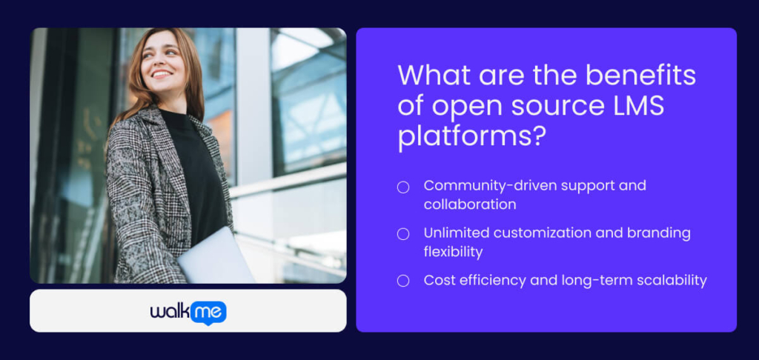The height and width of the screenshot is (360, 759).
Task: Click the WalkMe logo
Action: (x=188, y=312)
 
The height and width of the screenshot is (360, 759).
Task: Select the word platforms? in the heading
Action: (x=466, y=137)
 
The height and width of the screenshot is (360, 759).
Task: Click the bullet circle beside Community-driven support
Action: (x=403, y=187)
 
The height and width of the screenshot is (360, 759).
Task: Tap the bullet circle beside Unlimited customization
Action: (x=403, y=234)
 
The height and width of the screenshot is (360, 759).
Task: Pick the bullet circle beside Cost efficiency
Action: (x=403, y=281)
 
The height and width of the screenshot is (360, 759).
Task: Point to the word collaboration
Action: (x=470, y=204)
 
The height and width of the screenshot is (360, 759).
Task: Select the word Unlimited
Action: (x=454, y=233)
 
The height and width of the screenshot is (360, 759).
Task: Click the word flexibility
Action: (x=453, y=252)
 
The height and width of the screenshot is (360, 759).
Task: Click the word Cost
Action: (x=439, y=280)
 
